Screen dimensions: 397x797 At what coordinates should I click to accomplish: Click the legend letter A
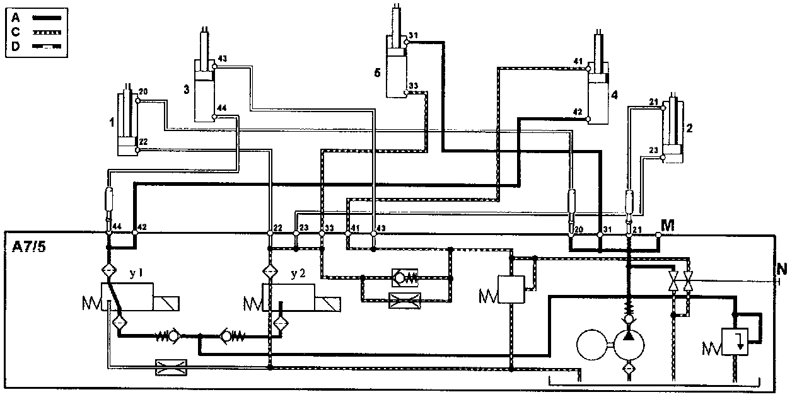click(x=15, y=18)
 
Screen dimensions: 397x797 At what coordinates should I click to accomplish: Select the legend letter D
click(x=15, y=46)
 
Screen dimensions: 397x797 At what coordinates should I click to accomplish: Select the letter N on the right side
click(x=782, y=269)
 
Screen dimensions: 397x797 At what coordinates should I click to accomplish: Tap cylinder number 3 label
click(x=186, y=89)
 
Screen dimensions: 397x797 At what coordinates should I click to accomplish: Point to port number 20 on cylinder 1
click(x=143, y=92)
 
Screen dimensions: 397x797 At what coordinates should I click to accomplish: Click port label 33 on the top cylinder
click(x=413, y=85)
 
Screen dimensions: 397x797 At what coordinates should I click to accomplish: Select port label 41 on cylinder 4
click(x=577, y=61)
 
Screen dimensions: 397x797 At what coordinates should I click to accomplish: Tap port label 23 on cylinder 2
click(x=653, y=150)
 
